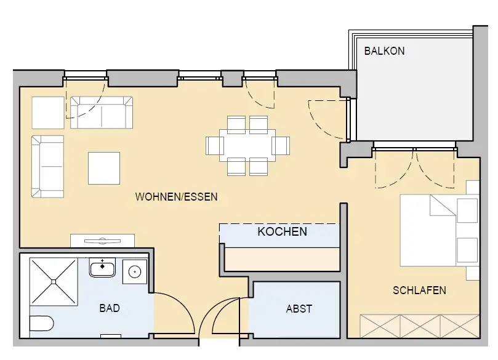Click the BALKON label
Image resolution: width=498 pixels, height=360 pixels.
pyautogui.click(x=384, y=51)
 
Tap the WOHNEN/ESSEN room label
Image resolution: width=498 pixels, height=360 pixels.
pyautogui.click(x=176, y=197)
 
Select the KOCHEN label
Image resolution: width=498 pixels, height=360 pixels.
pyautogui.click(x=283, y=232)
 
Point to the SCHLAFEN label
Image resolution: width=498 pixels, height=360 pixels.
pyautogui.click(x=419, y=290)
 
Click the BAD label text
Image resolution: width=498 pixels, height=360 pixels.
pyautogui.click(x=110, y=308)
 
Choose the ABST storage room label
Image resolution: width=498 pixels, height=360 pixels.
pyautogui.click(x=299, y=308)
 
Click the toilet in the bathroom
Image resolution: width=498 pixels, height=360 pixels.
pyautogui.click(x=42, y=324)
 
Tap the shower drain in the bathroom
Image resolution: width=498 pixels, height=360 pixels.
pyautogui.click(x=54, y=282)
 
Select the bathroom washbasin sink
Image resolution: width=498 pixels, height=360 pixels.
pyautogui.click(x=102, y=268)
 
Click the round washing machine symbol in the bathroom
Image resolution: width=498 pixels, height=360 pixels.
pyautogui.click(x=135, y=272)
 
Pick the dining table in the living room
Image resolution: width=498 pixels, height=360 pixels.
pyautogui.click(x=247, y=145)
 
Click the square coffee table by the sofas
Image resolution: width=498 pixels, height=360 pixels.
pyautogui.click(x=104, y=168)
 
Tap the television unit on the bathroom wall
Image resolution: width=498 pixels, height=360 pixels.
pyautogui.click(x=102, y=241)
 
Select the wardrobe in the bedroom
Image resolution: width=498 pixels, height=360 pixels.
pyautogui.click(x=419, y=326)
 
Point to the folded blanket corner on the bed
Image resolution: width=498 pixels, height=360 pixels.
pyautogui.click(x=443, y=206)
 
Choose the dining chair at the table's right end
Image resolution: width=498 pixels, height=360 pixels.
pyautogui.click(x=281, y=146)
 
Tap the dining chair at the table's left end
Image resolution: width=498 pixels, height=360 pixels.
pyautogui.click(x=215, y=146)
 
